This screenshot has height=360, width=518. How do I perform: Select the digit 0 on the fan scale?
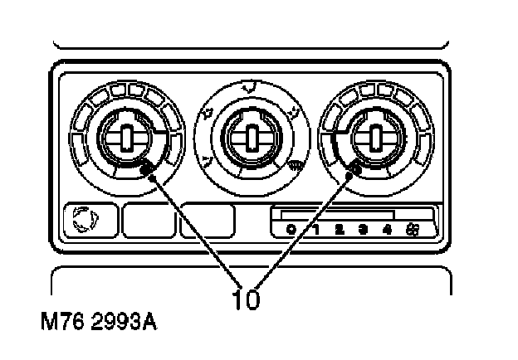click(x=291, y=229)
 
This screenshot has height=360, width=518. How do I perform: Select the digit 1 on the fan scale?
click(x=315, y=229)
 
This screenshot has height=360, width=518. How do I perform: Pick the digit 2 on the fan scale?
click(x=340, y=229)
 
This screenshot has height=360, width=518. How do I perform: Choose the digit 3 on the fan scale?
click(x=364, y=229)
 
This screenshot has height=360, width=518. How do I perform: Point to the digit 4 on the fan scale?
click(x=387, y=229)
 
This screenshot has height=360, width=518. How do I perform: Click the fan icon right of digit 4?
click(x=413, y=229)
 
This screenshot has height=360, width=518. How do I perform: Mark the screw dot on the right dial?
click(x=354, y=169)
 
